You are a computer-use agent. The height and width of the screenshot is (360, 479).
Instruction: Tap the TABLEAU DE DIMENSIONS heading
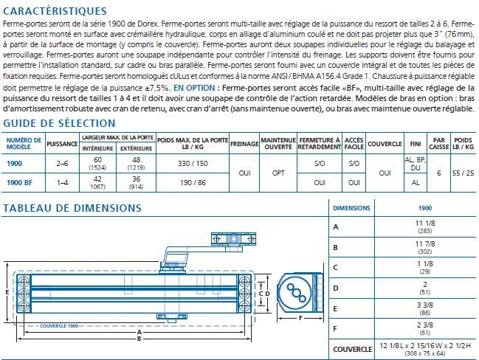[x=72, y=208]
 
